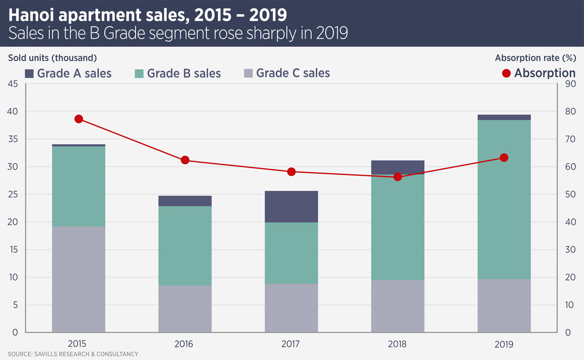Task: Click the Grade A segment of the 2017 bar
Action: point(291,206)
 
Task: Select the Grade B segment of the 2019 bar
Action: point(504,199)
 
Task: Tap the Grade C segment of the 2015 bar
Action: point(79,279)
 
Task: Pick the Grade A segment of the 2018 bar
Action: point(398,167)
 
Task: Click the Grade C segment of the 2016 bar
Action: point(185,309)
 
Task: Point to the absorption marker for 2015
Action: point(79,119)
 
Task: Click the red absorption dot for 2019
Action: point(504,158)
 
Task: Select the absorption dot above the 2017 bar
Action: point(291,172)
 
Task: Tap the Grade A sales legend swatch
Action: point(29,74)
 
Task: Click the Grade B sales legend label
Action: point(184,74)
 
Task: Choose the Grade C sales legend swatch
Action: point(248,74)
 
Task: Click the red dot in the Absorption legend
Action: point(506,74)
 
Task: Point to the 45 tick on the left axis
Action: point(13,84)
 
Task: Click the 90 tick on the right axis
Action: point(570,84)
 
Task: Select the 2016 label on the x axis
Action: point(185,344)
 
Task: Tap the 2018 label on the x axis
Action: point(398,344)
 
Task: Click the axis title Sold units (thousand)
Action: point(52,57)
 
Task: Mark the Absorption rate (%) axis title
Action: point(535,57)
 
